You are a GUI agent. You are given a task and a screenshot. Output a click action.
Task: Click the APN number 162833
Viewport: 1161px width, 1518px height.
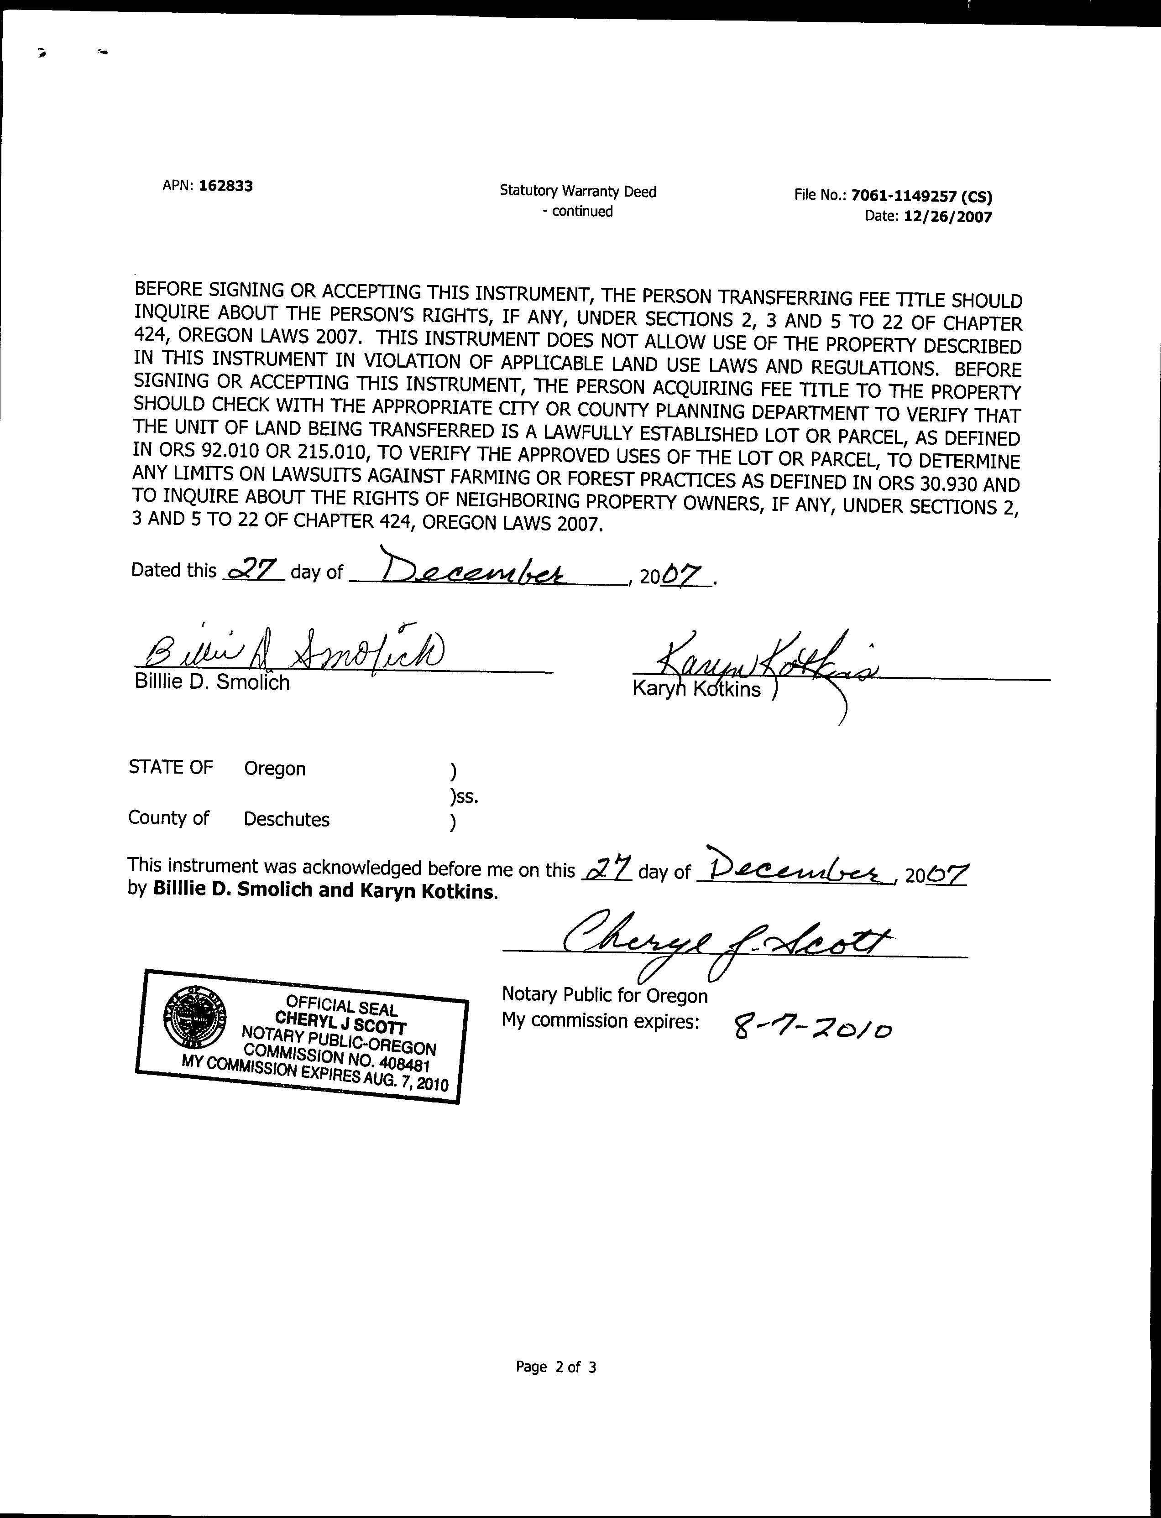coord(225,186)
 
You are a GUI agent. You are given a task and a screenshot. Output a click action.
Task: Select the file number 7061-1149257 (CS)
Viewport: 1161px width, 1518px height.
coord(922,196)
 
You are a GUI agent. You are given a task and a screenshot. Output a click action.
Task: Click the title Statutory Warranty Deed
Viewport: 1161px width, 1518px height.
coord(578,191)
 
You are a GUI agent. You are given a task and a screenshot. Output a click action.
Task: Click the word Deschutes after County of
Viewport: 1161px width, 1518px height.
coord(286,820)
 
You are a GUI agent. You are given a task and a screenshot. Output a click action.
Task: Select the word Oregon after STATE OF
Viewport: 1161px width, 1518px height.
coord(274,769)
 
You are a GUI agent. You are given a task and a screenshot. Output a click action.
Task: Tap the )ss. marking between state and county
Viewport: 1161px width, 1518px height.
coord(464,797)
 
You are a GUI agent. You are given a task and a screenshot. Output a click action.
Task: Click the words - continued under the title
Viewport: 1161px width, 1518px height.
coord(578,211)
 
